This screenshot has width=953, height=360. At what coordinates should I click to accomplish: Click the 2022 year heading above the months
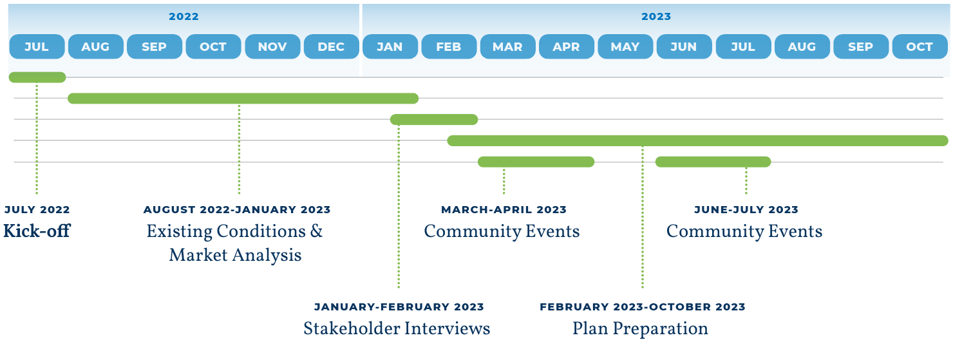tap(184, 17)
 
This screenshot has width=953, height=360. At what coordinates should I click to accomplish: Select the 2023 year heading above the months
tap(656, 17)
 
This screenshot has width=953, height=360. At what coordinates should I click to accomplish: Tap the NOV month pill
tap(272, 46)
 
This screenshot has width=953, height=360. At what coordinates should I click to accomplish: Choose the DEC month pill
tap(331, 46)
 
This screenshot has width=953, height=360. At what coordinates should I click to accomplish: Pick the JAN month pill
tap(390, 46)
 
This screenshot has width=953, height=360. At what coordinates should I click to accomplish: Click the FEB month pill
tap(449, 46)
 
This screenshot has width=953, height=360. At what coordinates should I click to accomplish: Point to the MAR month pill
tap(507, 46)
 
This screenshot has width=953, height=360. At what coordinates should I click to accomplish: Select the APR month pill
tap(566, 46)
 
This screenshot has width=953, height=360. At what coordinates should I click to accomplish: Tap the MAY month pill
tap(625, 46)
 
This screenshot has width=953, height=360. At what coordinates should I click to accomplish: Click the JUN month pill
tap(684, 46)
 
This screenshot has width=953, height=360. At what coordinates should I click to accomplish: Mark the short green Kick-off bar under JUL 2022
tap(37, 77)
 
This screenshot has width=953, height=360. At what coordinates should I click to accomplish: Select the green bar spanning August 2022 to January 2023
tap(243, 99)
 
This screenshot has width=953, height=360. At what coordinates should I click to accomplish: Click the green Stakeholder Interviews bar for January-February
tap(434, 120)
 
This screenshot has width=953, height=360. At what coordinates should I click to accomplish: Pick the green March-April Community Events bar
tap(536, 162)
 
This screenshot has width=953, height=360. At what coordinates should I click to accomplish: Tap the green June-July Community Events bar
tap(713, 162)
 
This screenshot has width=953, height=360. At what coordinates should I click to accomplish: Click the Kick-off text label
tap(37, 231)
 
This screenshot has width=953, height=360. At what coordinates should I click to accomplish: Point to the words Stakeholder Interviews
tap(397, 328)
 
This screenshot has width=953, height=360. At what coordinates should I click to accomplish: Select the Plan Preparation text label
tap(640, 328)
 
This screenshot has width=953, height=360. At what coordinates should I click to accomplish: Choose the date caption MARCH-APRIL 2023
tap(504, 210)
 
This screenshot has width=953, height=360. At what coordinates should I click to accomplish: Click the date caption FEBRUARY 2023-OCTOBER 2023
tap(643, 307)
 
